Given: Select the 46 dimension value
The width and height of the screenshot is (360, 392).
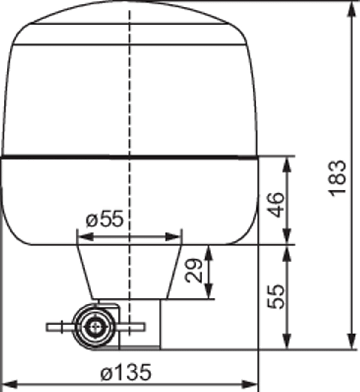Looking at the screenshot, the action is [275, 205].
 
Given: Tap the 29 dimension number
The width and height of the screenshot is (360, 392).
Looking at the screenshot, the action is [193, 271].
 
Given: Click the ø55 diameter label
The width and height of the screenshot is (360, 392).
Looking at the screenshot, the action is [105, 218].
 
